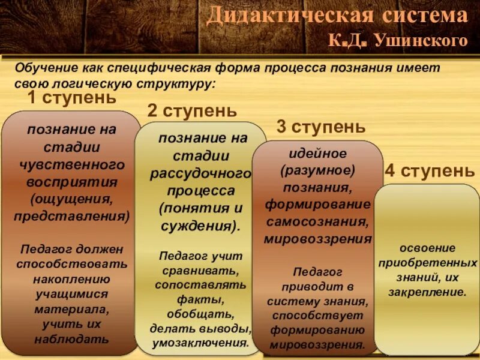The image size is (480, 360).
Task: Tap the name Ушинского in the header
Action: click(420, 41)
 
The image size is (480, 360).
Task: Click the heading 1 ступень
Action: click(71, 98)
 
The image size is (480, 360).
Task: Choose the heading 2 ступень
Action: click(191, 111)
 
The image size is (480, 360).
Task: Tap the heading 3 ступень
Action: click(320, 127)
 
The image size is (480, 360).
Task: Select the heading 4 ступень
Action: click(429, 172)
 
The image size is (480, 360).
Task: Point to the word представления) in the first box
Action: click(71, 215)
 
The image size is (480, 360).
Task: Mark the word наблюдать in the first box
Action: click(71, 339)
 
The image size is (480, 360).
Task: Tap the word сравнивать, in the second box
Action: click(200, 271)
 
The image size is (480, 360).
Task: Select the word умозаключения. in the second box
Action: click(200, 343)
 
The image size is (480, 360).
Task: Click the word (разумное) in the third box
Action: click(317, 170)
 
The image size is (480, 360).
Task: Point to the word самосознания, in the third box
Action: click(317, 221)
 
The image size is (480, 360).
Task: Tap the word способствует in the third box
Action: click(317, 315)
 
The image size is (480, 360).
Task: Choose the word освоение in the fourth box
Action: click(427, 248)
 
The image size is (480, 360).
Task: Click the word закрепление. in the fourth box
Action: click(427, 293)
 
